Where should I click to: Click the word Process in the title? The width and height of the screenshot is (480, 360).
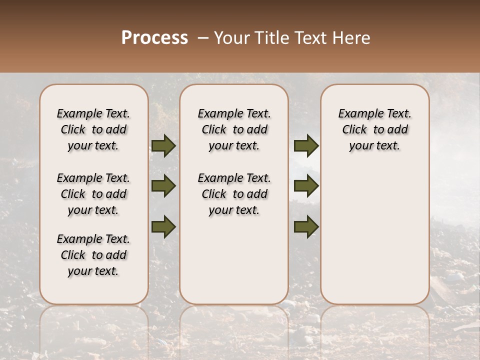[154, 38]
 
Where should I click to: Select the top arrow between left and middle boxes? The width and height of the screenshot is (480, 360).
[163, 146]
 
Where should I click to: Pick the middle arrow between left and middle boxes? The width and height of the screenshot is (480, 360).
[163, 186]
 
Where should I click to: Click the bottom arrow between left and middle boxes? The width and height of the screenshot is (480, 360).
[163, 226]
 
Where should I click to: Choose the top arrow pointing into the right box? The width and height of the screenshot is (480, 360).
[306, 146]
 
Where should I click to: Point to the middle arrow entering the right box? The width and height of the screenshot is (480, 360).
[306, 186]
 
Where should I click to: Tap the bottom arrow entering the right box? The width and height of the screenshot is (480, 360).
[306, 226]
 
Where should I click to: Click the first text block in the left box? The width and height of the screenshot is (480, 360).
[93, 129]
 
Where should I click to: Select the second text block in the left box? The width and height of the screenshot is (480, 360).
[93, 194]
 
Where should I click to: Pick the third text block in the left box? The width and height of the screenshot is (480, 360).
[93, 255]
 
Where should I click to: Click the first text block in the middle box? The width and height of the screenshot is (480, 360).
[234, 129]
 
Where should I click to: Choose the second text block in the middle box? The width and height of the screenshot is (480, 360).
[234, 194]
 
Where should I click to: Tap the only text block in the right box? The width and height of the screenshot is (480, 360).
[375, 129]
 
